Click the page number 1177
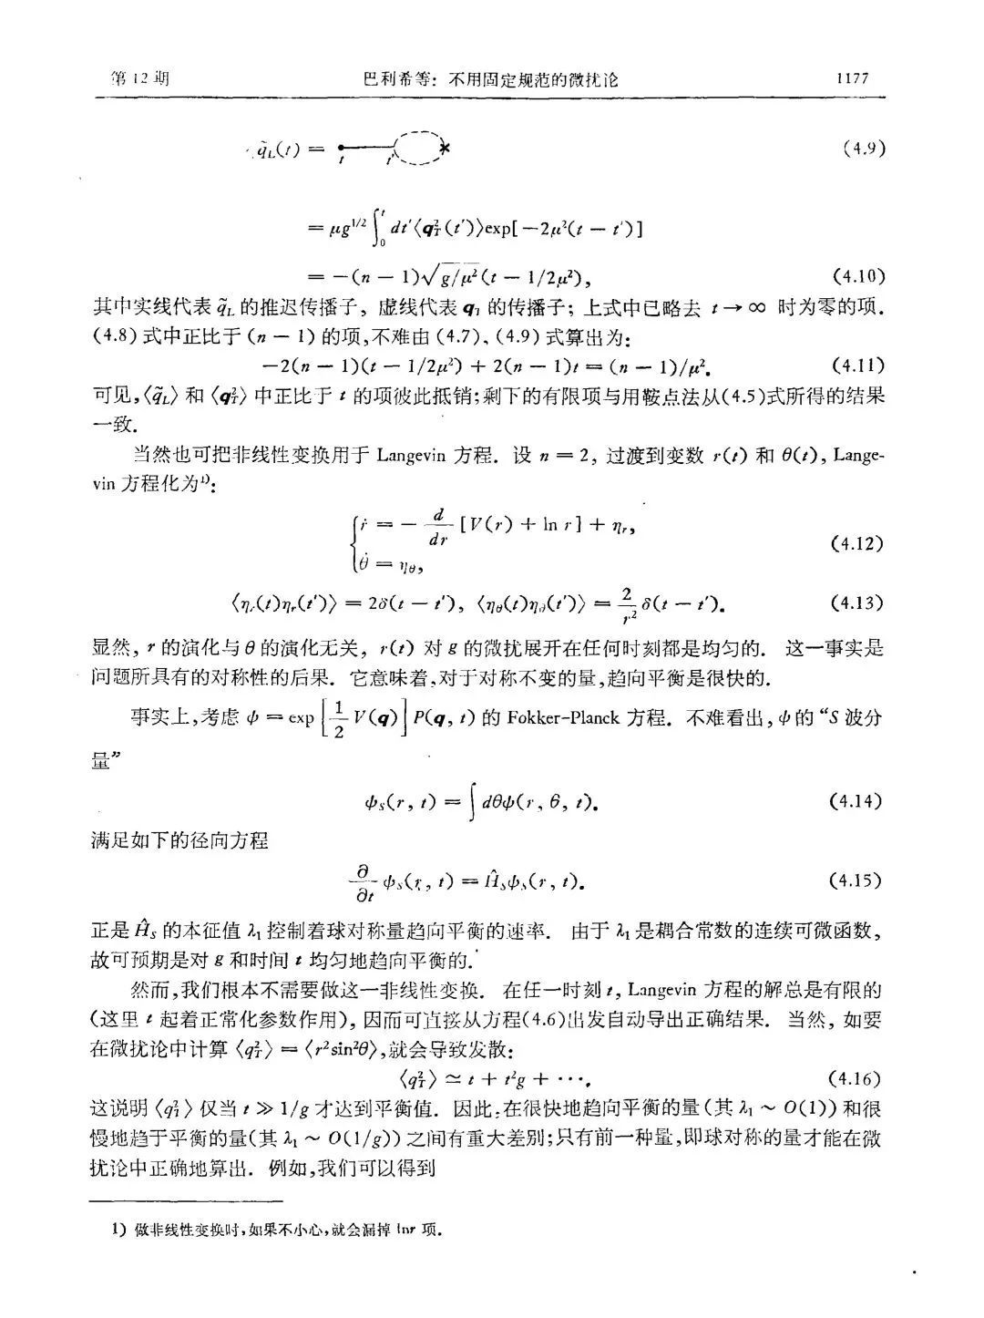853,79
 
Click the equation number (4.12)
857,544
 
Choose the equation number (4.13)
857,602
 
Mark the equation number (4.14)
857,801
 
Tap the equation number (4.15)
857,880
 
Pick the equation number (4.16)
857,1079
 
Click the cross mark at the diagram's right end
445,148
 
